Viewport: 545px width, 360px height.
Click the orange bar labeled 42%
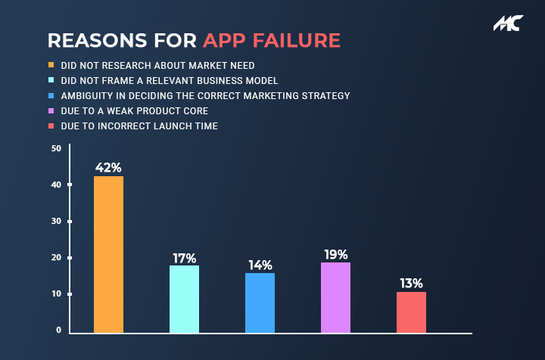click(108, 254)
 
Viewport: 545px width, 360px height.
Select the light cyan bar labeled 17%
click(184, 299)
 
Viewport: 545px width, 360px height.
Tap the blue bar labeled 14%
click(260, 303)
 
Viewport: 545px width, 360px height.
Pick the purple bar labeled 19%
click(336, 297)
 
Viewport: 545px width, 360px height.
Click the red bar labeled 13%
click(412, 312)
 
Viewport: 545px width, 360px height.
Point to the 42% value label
click(108, 168)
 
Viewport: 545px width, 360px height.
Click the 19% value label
click(336, 254)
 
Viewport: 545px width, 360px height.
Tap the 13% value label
click(412, 284)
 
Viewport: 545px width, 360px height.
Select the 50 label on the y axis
click(56, 148)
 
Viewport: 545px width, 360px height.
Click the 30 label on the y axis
click(56, 221)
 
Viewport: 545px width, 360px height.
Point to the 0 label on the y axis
click(59, 331)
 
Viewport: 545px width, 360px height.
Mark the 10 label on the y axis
click(57, 293)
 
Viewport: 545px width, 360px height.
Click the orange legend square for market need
click(51, 65)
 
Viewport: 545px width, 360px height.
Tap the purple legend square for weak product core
click(51, 110)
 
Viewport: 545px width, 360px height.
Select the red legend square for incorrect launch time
click(51, 126)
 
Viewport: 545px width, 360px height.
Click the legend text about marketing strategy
click(205, 96)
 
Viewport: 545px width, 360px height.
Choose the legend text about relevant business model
click(170, 80)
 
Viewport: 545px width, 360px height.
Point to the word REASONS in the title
click(98, 40)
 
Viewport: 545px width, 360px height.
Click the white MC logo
click(509, 23)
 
